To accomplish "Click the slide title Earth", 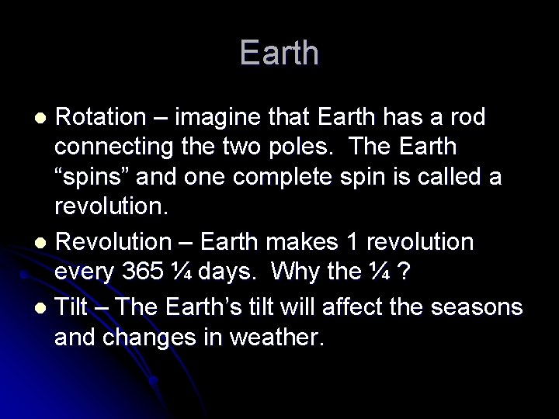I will click(279, 53).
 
